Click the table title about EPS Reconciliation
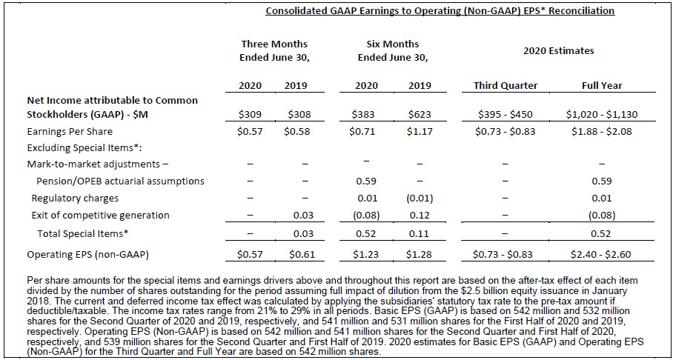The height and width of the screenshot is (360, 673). pyautogui.click(x=440, y=10)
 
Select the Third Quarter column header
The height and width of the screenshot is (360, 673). pyautogui.click(x=505, y=86)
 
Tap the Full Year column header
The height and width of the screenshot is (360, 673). pyautogui.click(x=602, y=86)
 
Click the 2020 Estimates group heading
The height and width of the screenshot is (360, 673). pyautogui.click(x=559, y=50)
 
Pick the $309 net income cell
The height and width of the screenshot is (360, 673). pyautogui.click(x=249, y=115)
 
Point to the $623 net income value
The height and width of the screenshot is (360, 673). pyautogui.click(x=420, y=115)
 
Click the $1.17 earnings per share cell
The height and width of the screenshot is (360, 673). pyautogui.click(x=420, y=132)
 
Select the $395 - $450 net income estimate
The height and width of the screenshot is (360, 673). pyautogui.click(x=505, y=115)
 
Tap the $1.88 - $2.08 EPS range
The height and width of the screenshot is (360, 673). pyautogui.click(x=602, y=132)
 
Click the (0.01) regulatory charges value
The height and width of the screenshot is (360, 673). pyautogui.click(x=420, y=199)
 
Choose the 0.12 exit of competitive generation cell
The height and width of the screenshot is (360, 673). pyautogui.click(x=420, y=216)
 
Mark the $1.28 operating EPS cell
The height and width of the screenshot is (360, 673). pyautogui.click(x=420, y=255)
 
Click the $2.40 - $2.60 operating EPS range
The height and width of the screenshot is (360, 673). pyautogui.click(x=602, y=255)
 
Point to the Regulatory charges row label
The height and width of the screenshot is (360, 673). pyautogui.click(x=75, y=199)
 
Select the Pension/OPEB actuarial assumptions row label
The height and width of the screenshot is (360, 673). pyautogui.click(x=121, y=181)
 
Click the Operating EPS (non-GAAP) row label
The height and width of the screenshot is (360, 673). pyautogui.click(x=87, y=255)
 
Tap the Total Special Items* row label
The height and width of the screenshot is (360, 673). pyautogui.click(x=83, y=234)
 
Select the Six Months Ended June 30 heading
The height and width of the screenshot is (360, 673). pyautogui.click(x=393, y=50)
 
